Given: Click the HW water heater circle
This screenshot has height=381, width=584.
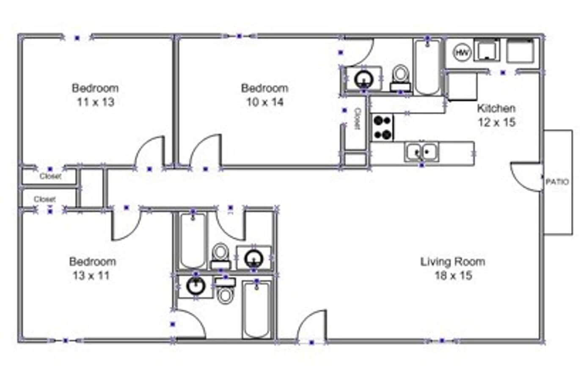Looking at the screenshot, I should click(462, 52).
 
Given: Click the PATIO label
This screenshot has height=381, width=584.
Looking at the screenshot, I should click(557, 182).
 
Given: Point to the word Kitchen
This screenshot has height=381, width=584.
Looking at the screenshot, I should click(496, 108).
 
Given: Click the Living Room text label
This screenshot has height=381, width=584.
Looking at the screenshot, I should click(452, 262).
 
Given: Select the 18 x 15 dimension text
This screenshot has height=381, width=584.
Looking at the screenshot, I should click(453, 276).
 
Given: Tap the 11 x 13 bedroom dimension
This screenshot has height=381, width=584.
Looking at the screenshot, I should click(95, 102).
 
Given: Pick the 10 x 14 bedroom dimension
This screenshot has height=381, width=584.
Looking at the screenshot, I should click(265, 102).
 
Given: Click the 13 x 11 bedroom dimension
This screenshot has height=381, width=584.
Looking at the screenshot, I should click(91, 276).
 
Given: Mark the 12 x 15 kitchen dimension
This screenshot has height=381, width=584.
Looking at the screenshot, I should click(496, 122).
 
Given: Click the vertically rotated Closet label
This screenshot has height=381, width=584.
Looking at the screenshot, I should click(357, 119).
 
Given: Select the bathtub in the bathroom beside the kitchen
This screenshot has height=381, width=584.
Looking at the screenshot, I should click(427, 67).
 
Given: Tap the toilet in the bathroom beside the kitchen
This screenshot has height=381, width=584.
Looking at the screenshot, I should click(400, 76).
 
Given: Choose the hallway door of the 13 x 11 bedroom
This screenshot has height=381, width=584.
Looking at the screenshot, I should click(126, 224).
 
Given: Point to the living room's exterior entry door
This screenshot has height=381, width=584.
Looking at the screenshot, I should click(312, 326).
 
